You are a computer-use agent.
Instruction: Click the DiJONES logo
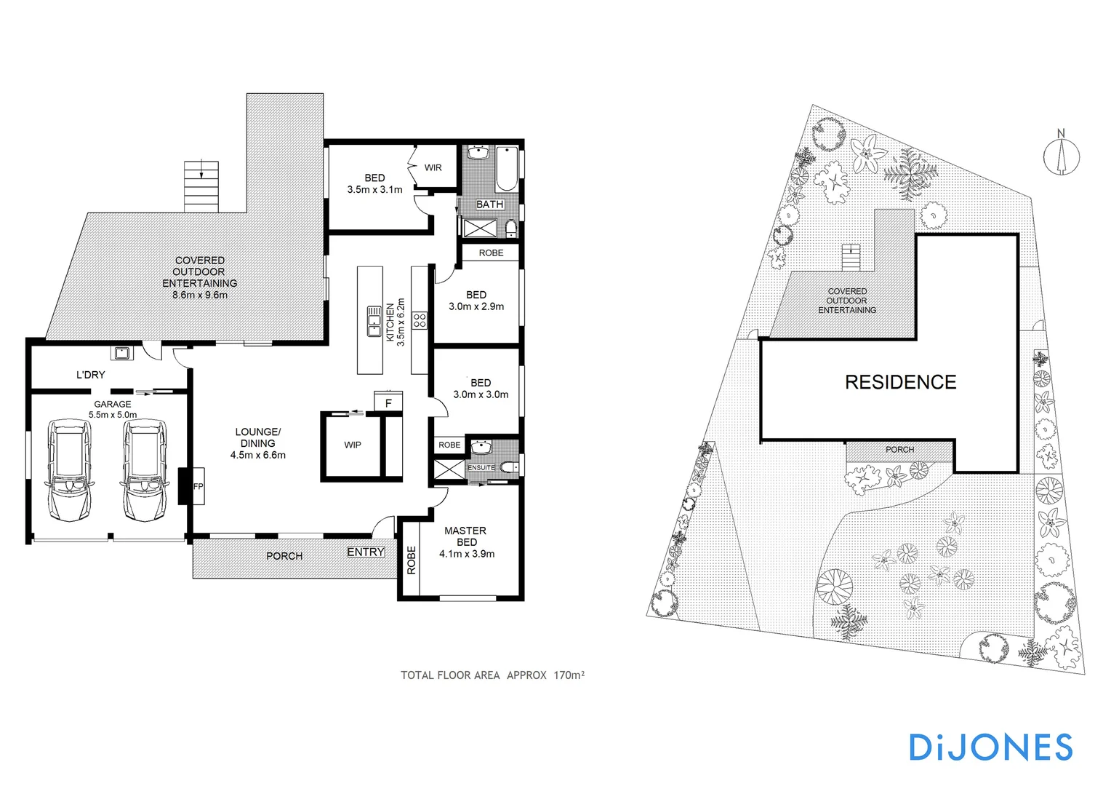pos(990,747)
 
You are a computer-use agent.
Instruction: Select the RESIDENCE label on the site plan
pos(900,382)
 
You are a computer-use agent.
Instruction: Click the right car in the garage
pos(145,471)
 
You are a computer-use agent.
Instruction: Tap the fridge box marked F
pos(388,402)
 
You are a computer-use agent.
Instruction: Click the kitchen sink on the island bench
pos(374,320)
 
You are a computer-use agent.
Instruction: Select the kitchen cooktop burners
pos(420,320)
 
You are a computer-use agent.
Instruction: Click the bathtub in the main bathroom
pos(507,169)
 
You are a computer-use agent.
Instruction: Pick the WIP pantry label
pos(353,445)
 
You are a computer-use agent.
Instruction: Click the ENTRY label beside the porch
pos(365,552)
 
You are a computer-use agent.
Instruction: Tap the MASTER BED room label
pos(466,536)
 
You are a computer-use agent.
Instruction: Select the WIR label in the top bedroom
pos(433,167)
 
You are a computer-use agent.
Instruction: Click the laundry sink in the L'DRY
pos(121,354)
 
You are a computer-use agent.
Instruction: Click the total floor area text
pos(492,675)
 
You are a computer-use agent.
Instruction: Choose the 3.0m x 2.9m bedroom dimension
pos(476,306)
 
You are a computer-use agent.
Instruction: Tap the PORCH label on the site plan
pos(899,450)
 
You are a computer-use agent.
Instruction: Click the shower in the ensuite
pos(449,469)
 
